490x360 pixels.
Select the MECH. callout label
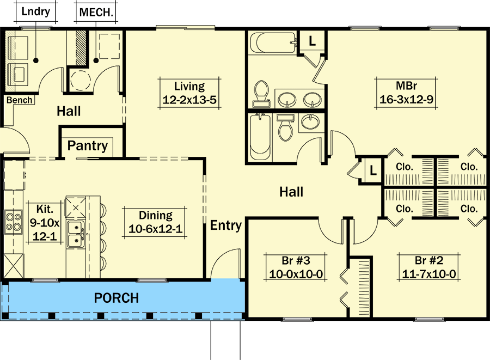pyautogui.click(x=96, y=12)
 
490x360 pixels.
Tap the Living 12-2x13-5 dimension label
pyautogui.click(x=189, y=93)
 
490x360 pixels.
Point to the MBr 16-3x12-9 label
pyautogui.click(x=407, y=93)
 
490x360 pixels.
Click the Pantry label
pyautogui.click(x=88, y=146)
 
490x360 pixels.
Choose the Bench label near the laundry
pyautogui.click(x=20, y=100)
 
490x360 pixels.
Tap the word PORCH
pyautogui.click(x=117, y=298)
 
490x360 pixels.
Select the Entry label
pyautogui.click(x=226, y=225)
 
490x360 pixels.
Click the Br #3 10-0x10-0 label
pyautogui.click(x=297, y=266)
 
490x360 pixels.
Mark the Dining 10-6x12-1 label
pyautogui.click(x=155, y=222)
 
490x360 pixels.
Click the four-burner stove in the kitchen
pyautogui.click(x=14, y=222)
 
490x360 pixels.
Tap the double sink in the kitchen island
pyautogui.click(x=75, y=235)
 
